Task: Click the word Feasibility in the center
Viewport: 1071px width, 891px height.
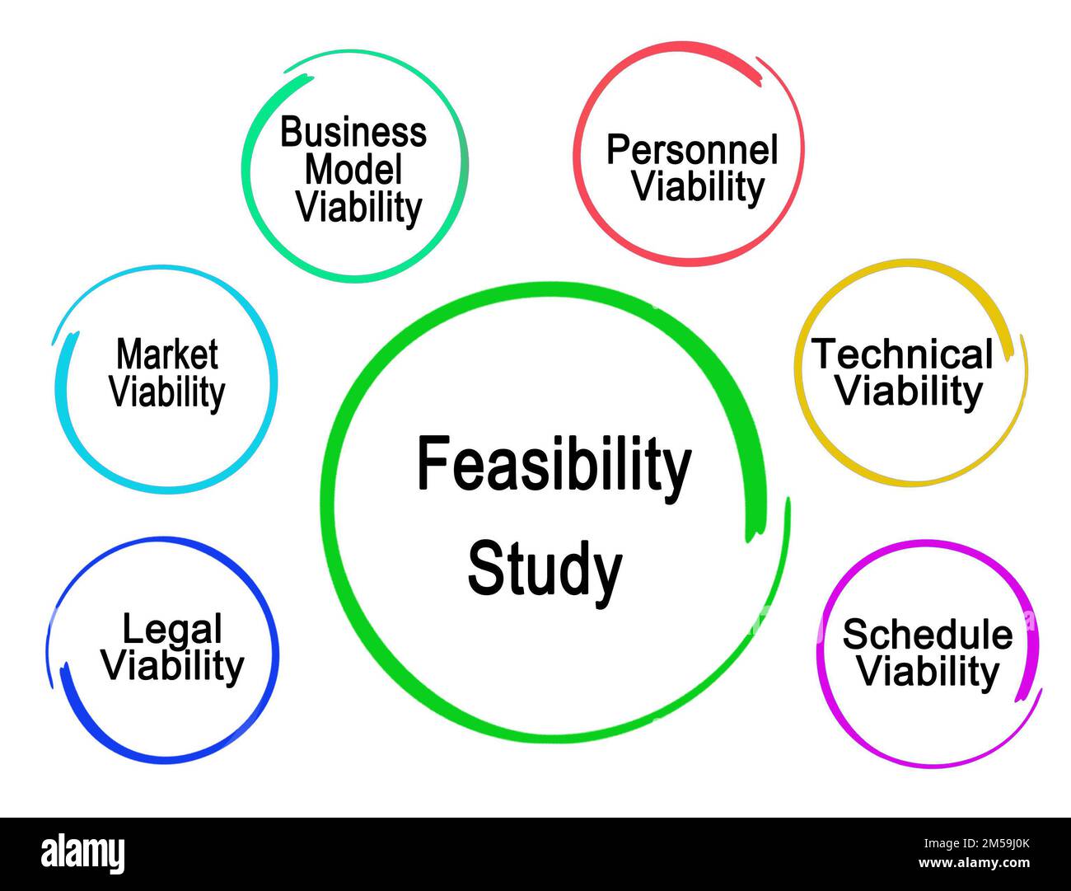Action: tap(553, 467)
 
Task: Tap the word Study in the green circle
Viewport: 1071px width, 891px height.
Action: tap(545, 570)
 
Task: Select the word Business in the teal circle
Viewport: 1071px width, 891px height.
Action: tap(353, 133)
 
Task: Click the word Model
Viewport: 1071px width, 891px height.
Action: tap(353, 170)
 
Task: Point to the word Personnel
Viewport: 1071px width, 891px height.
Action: tap(692, 150)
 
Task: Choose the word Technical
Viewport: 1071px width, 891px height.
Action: tap(903, 354)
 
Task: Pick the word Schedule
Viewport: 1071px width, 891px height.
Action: tap(928, 635)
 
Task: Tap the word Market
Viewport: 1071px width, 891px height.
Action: tap(167, 354)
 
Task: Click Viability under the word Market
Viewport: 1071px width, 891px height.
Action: tap(167, 392)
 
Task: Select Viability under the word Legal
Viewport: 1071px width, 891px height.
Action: tap(173, 665)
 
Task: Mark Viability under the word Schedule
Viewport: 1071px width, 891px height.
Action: tap(928, 671)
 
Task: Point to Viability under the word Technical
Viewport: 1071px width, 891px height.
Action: tap(910, 391)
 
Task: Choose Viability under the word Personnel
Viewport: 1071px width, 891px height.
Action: tap(698, 187)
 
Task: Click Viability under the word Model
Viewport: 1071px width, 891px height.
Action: tap(358, 207)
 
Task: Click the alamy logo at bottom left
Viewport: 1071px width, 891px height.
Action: tap(83, 854)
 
